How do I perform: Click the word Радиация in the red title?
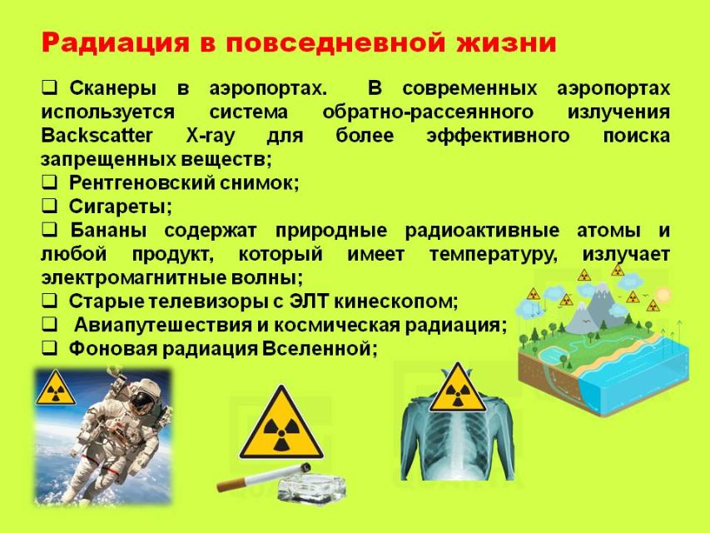(116, 43)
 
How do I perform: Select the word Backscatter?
(97, 135)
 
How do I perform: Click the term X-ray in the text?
(211, 136)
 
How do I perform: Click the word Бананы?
(108, 230)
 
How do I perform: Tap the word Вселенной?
(320, 349)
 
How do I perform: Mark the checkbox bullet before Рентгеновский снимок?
(50, 182)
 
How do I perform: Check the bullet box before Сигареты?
(50, 206)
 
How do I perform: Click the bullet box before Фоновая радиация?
(50, 347)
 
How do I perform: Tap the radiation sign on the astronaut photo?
(55, 387)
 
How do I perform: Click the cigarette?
(264, 477)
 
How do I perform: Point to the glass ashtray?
(311, 489)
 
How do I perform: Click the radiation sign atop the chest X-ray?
(458, 388)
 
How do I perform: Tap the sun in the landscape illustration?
(662, 295)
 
